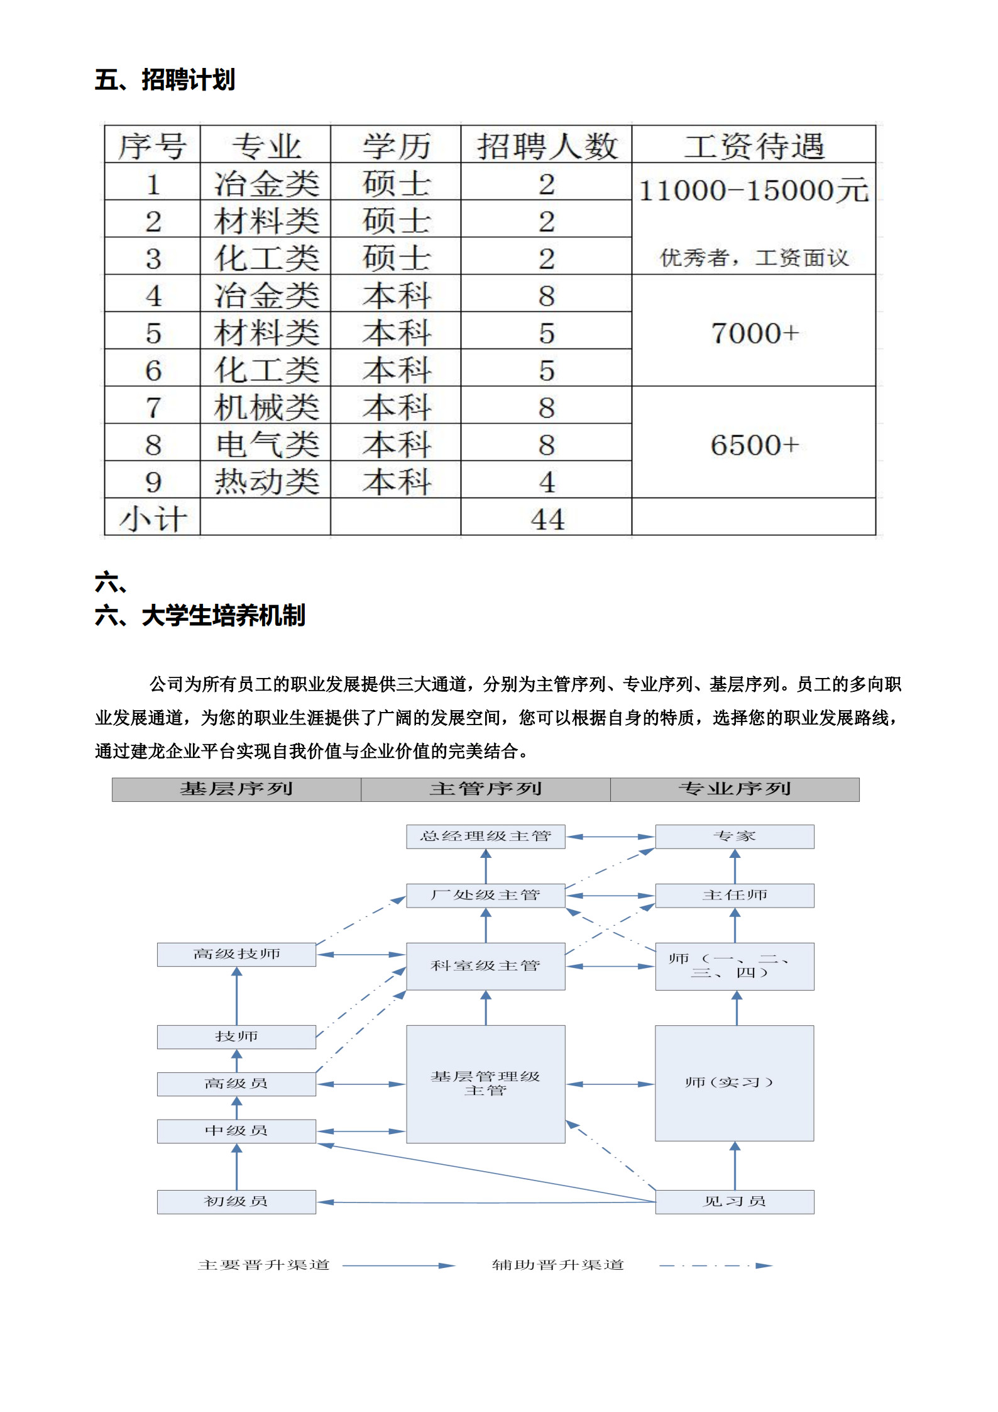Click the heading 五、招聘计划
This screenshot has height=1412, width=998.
pyautogui.click(x=165, y=80)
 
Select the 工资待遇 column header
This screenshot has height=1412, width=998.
pyautogui.click(x=753, y=145)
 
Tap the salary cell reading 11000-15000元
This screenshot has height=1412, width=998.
pyautogui.click(x=753, y=191)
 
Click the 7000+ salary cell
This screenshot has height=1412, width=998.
pyautogui.click(x=754, y=332)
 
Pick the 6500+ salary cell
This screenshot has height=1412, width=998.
pyautogui.click(x=754, y=444)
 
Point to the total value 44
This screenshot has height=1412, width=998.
pyautogui.click(x=546, y=518)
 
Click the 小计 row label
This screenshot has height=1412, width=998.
pyautogui.click(x=153, y=518)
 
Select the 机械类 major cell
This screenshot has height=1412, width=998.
pyautogui.click(x=266, y=407)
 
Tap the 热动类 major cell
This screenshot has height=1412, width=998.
pyautogui.click(x=266, y=481)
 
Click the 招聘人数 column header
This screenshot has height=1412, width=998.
pyautogui.click(x=546, y=145)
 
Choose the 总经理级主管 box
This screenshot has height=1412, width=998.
pyautogui.click(x=485, y=836)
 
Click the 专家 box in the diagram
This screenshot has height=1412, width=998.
pyautogui.click(x=734, y=836)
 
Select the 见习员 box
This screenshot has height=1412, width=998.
pyautogui.click(x=734, y=1201)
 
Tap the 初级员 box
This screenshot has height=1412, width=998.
pyautogui.click(x=236, y=1201)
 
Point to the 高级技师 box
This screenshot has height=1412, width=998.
pyautogui.click(x=236, y=953)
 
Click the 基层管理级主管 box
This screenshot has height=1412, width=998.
pyautogui.click(x=485, y=1083)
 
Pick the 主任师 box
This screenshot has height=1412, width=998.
pyautogui.click(x=734, y=894)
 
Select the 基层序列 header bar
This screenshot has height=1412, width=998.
pyautogui.click(x=236, y=789)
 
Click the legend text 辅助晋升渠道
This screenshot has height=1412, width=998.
pyautogui.click(x=557, y=1264)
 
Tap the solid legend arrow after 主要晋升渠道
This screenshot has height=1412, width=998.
pyautogui.click(x=398, y=1265)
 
